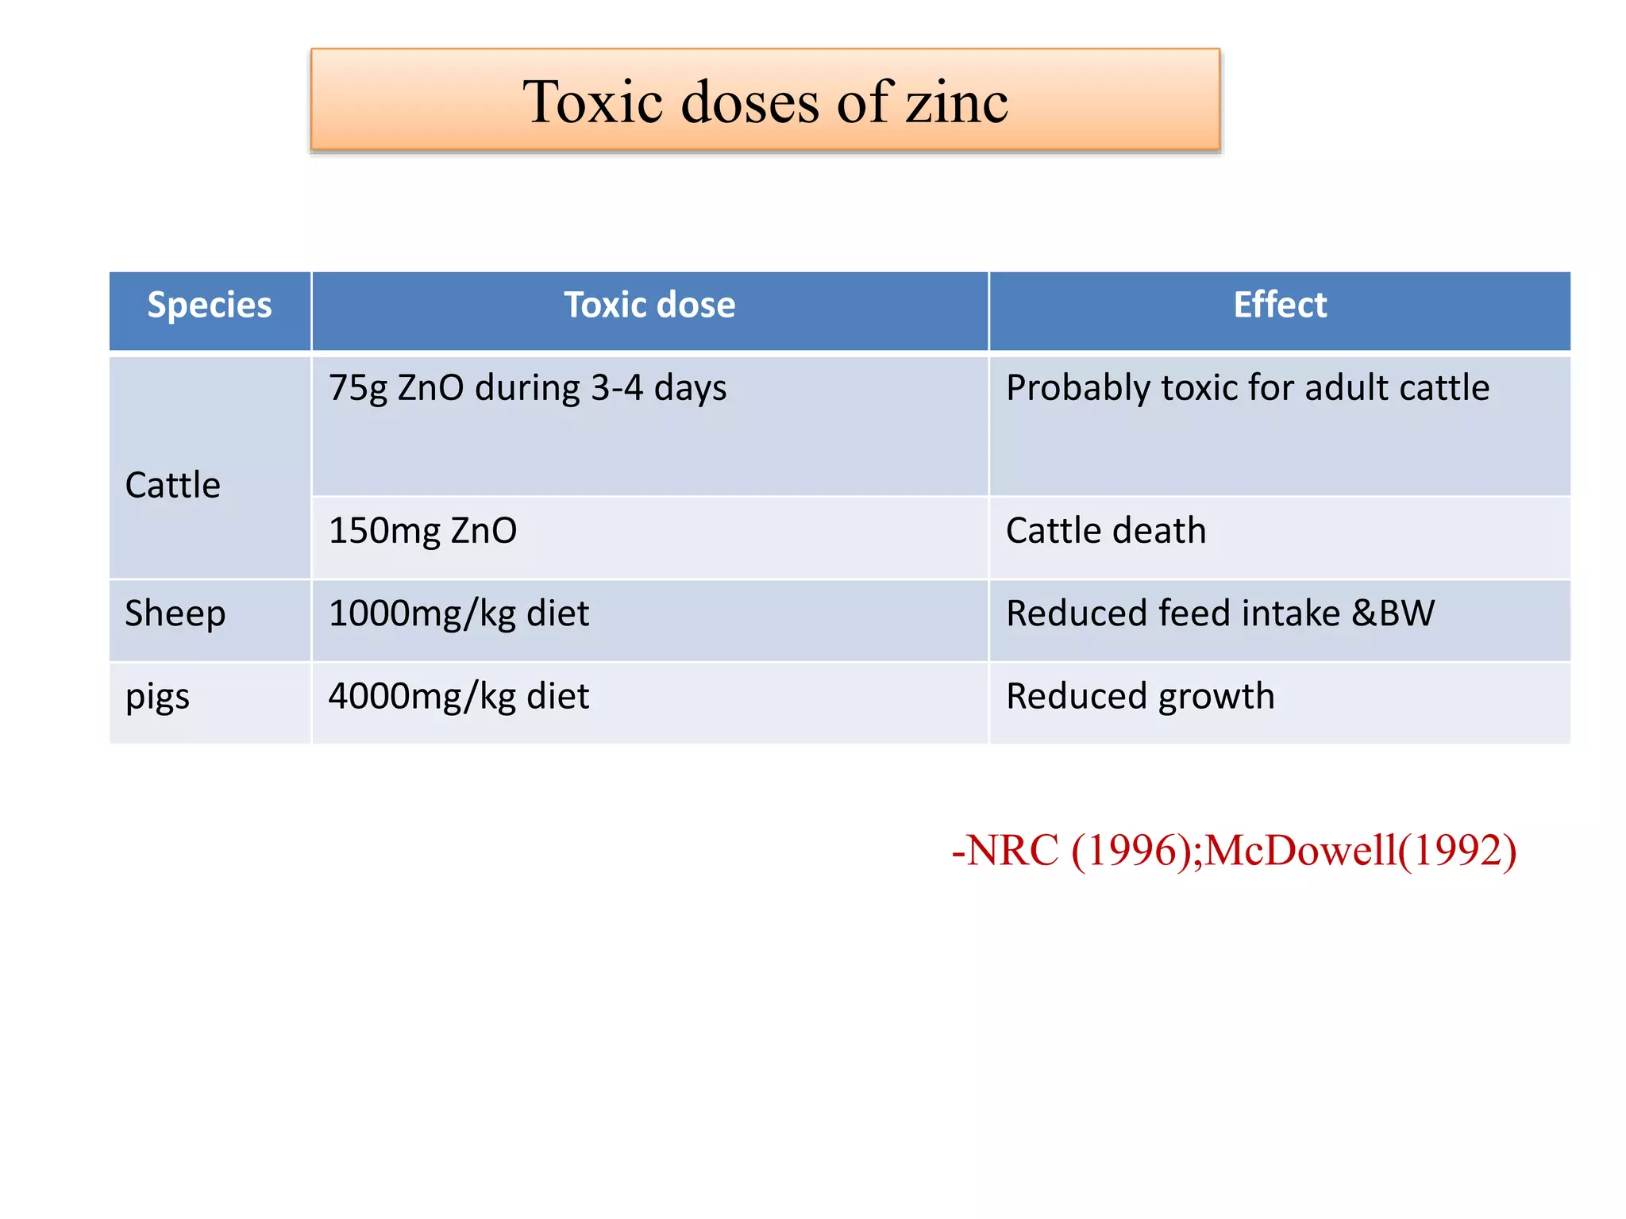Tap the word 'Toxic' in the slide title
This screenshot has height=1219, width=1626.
tap(592, 103)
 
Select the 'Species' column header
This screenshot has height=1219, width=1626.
tap(210, 306)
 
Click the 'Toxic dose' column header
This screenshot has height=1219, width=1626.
tap(649, 306)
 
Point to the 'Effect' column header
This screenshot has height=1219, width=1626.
tap(1280, 306)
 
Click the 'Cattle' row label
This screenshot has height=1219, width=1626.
tap(173, 485)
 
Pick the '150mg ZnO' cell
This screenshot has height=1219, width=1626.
tap(422, 531)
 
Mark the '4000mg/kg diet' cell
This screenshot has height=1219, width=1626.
tap(459, 697)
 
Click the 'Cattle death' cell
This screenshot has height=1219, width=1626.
tap(1106, 531)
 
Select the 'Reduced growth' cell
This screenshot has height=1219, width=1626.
tap(1140, 697)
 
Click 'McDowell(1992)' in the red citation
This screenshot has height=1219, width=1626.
tap(1361, 851)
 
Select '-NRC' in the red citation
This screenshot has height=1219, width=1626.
tap(1005, 851)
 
